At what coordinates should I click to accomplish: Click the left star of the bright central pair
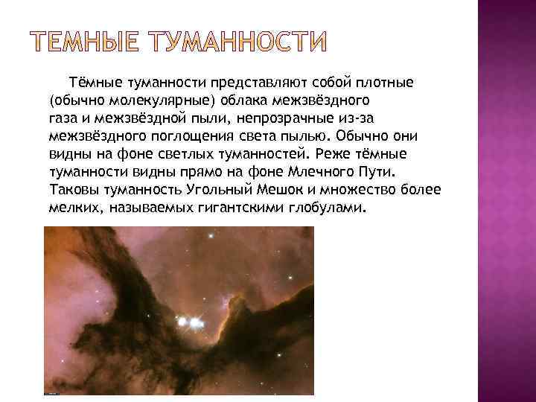182,323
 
